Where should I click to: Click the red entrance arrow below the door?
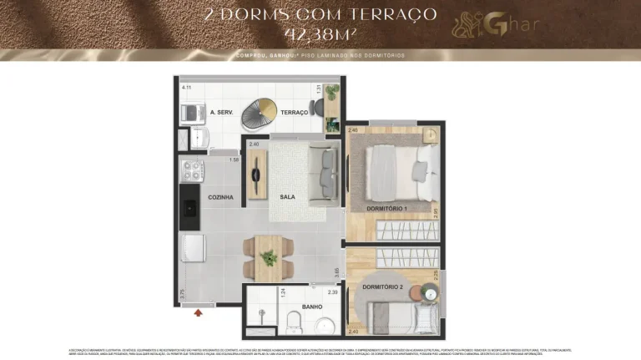[x=198, y=313]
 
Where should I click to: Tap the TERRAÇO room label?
[x=295, y=112]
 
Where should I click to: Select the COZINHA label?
[x=220, y=197]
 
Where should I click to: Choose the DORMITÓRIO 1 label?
[x=386, y=207]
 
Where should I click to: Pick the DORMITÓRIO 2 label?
[x=382, y=287]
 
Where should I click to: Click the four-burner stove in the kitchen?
[x=193, y=171]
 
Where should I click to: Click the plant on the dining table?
[x=270, y=258]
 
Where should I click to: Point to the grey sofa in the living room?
[x=323, y=174]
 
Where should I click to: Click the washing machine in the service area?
[x=193, y=113]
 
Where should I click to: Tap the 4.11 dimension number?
[x=187, y=88]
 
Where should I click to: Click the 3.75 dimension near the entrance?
[x=183, y=293]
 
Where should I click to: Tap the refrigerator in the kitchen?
[x=193, y=248]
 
